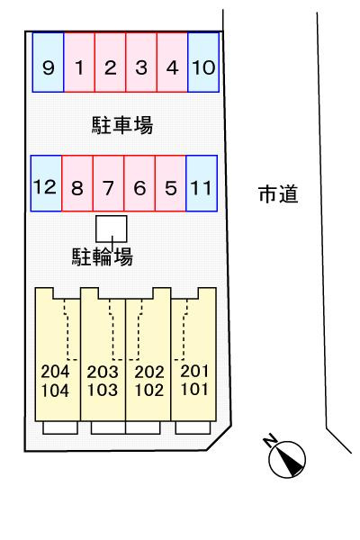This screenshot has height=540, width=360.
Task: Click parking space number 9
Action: tap(49, 62)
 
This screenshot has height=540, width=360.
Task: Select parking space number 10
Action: tap(203, 62)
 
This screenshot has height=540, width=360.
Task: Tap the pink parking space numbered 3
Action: tap(141, 62)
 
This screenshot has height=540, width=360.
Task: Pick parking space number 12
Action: tap(46, 184)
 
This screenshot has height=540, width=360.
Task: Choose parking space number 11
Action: tap(202, 184)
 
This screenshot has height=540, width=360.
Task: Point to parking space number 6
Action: tap(139, 184)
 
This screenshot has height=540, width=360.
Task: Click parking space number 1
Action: tap(79, 62)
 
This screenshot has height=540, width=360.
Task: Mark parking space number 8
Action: tap(77, 184)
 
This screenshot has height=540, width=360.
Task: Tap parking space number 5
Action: tap(170, 184)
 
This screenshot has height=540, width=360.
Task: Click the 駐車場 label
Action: tap(122, 125)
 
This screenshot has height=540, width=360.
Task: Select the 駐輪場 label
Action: tap(103, 256)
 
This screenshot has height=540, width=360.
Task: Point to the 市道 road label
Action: tap(278, 193)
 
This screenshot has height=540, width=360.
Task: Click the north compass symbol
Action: tap(285, 457)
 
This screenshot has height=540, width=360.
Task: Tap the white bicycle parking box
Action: tap(112, 229)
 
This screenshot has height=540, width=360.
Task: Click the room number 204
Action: tap(55, 371)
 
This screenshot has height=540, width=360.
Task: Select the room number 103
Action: tap(103, 390)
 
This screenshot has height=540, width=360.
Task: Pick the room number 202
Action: tap(148, 372)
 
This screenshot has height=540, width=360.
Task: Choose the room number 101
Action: tap(194, 389)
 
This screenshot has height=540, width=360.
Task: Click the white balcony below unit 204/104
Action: tap(60, 427)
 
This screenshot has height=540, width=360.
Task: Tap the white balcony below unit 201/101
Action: tap(193, 427)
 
